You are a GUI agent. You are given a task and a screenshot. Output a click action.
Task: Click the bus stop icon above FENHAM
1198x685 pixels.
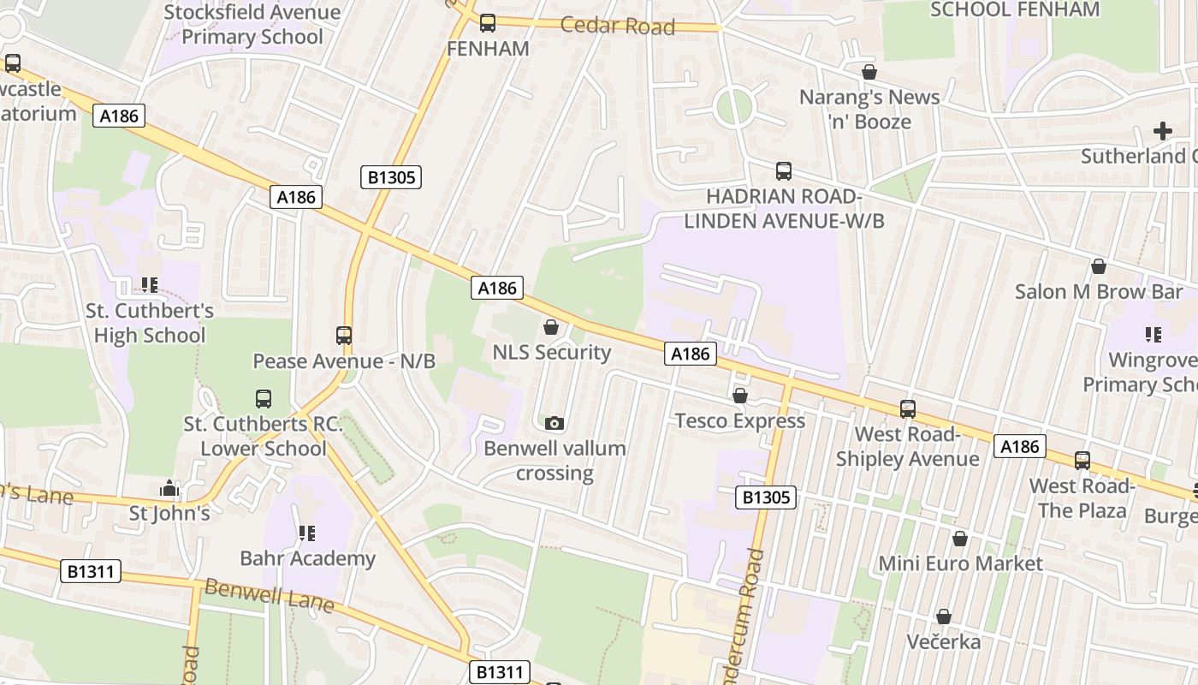(488, 23)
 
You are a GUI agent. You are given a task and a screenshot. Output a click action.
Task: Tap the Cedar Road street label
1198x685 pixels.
(618, 26)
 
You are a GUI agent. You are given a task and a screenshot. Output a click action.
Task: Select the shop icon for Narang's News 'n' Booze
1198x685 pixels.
(869, 72)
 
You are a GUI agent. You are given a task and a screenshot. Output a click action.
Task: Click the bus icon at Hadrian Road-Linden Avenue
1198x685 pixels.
(784, 171)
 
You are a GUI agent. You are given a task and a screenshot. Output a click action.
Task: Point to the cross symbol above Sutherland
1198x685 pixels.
(1162, 131)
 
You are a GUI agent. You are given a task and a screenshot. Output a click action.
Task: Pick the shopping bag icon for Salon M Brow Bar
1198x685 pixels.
(1099, 266)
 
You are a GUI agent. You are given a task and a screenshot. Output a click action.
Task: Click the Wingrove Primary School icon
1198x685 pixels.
(1153, 335)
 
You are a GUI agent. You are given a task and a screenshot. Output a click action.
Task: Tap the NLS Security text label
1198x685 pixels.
(551, 353)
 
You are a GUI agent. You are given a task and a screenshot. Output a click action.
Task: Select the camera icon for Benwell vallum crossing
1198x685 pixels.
(555, 423)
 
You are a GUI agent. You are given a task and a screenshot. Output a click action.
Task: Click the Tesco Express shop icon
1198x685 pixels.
(740, 396)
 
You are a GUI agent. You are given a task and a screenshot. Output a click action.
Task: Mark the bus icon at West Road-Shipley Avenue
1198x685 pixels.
(908, 409)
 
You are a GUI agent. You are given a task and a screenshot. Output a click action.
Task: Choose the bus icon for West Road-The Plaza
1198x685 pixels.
(1082, 461)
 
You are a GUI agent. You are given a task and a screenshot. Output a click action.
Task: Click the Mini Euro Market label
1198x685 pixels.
(961, 563)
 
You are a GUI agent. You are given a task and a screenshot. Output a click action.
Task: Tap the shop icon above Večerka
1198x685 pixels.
(944, 616)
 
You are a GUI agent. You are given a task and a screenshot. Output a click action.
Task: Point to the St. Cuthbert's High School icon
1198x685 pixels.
(150, 285)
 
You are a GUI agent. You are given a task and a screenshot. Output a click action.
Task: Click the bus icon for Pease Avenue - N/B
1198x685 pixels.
(344, 336)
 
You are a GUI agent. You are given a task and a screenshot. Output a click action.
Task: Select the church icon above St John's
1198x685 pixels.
(169, 488)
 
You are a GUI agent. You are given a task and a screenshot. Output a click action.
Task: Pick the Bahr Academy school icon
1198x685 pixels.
(307, 533)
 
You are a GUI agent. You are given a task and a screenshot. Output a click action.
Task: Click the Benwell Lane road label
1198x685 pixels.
(269, 596)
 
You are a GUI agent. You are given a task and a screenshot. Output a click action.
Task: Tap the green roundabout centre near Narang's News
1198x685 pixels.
(734, 108)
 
